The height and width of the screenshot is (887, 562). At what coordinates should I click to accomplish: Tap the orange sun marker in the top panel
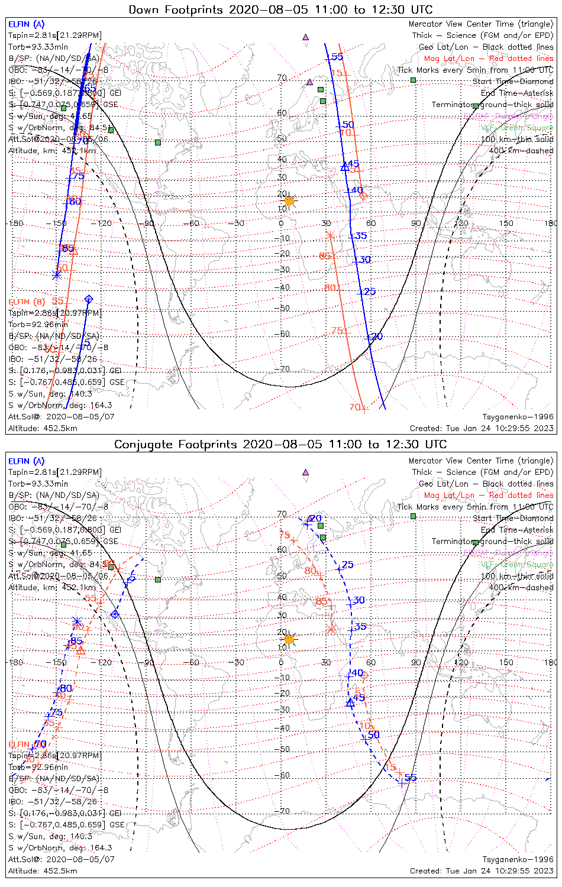(x=289, y=201)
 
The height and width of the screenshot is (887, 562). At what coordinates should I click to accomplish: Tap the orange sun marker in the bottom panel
(x=289, y=639)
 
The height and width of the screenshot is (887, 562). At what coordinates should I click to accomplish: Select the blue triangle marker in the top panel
(x=345, y=167)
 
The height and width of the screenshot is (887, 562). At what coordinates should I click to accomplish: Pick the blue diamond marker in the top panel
(x=89, y=299)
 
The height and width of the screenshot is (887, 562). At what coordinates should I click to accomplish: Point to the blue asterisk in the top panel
(x=57, y=275)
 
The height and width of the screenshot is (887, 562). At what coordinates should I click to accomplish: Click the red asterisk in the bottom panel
(x=331, y=629)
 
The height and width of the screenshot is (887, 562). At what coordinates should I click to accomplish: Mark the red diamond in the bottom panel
(x=364, y=675)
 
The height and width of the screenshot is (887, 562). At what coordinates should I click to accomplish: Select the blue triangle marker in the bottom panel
(x=350, y=703)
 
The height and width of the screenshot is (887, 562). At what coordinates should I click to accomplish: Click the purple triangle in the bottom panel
(x=305, y=472)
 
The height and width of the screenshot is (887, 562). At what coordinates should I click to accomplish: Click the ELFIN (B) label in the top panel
(x=27, y=302)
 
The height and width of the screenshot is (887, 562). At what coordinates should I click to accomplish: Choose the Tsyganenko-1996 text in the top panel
(x=518, y=416)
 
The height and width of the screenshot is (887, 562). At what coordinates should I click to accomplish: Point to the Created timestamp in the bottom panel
(x=482, y=870)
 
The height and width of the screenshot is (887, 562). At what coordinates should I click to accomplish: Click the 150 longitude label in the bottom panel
(x=506, y=662)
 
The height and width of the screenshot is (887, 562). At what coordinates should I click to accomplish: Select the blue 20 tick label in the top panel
(x=376, y=336)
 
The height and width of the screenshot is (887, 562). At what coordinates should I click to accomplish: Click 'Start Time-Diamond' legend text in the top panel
(x=513, y=82)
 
